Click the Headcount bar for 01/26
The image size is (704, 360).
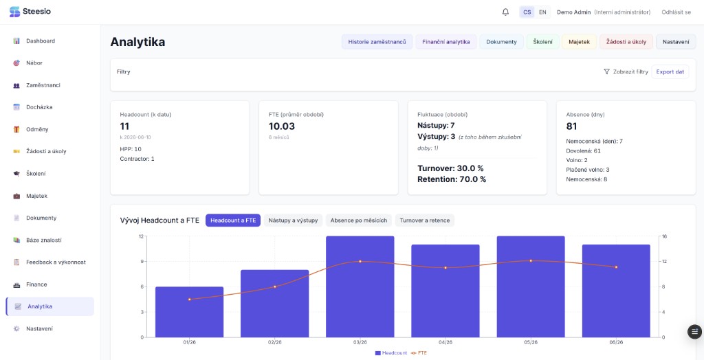190,312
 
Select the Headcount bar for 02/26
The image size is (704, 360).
275,304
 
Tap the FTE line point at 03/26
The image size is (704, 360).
360,261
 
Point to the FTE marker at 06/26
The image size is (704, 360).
616,267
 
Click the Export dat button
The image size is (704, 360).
670,72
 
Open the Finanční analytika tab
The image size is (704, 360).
445,42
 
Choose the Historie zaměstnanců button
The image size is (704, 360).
377,42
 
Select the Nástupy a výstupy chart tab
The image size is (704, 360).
293,221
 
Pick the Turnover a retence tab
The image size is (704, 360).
425,221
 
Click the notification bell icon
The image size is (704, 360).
505,12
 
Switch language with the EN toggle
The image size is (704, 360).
542,12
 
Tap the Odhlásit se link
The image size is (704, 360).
676,12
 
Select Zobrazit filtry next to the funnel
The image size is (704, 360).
630,72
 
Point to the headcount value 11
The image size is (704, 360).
125,126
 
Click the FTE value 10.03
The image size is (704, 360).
281,126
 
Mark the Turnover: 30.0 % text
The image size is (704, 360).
450,169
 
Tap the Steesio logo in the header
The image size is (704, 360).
30,12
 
